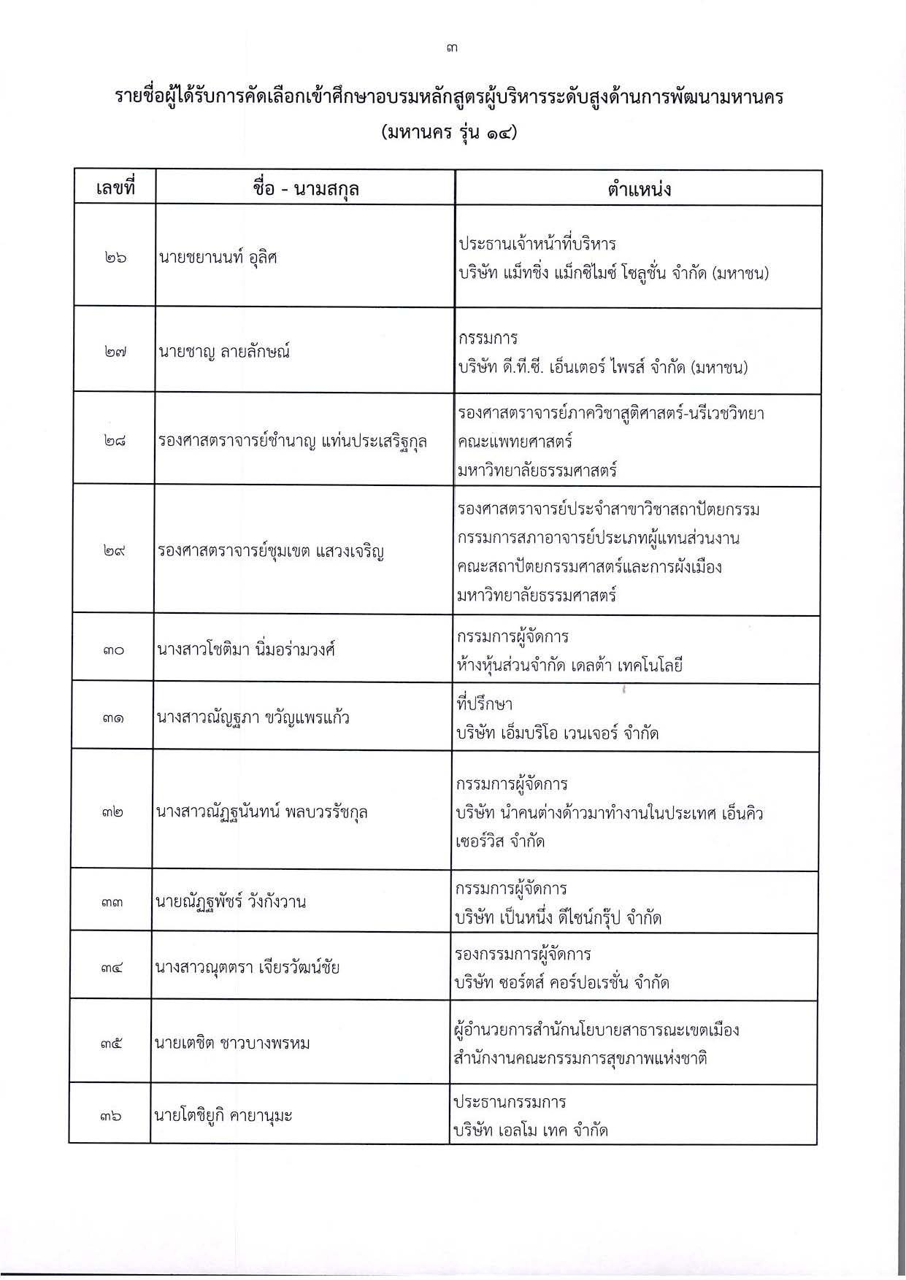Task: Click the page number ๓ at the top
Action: [x=453, y=49]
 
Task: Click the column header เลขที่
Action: [x=115, y=189]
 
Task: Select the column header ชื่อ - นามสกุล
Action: [x=305, y=189]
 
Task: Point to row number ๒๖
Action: [x=115, y=258]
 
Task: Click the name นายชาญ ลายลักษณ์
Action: [x=224, y=352]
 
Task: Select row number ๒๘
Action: [x=115, y=441]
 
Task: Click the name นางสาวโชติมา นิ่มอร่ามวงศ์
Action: [x=245, y=649]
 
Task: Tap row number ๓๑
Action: [x=113, y=717]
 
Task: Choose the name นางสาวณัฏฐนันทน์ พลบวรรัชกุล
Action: [x=261, y=811]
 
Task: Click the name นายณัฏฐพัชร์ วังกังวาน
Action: [x=230, y=902]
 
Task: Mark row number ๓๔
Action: [x=112, y=968]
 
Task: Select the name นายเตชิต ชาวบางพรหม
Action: [x=232, y=1043]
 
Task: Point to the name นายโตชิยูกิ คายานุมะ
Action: [x=223, y=1115]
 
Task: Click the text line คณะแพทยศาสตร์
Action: [x=515, y=442]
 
